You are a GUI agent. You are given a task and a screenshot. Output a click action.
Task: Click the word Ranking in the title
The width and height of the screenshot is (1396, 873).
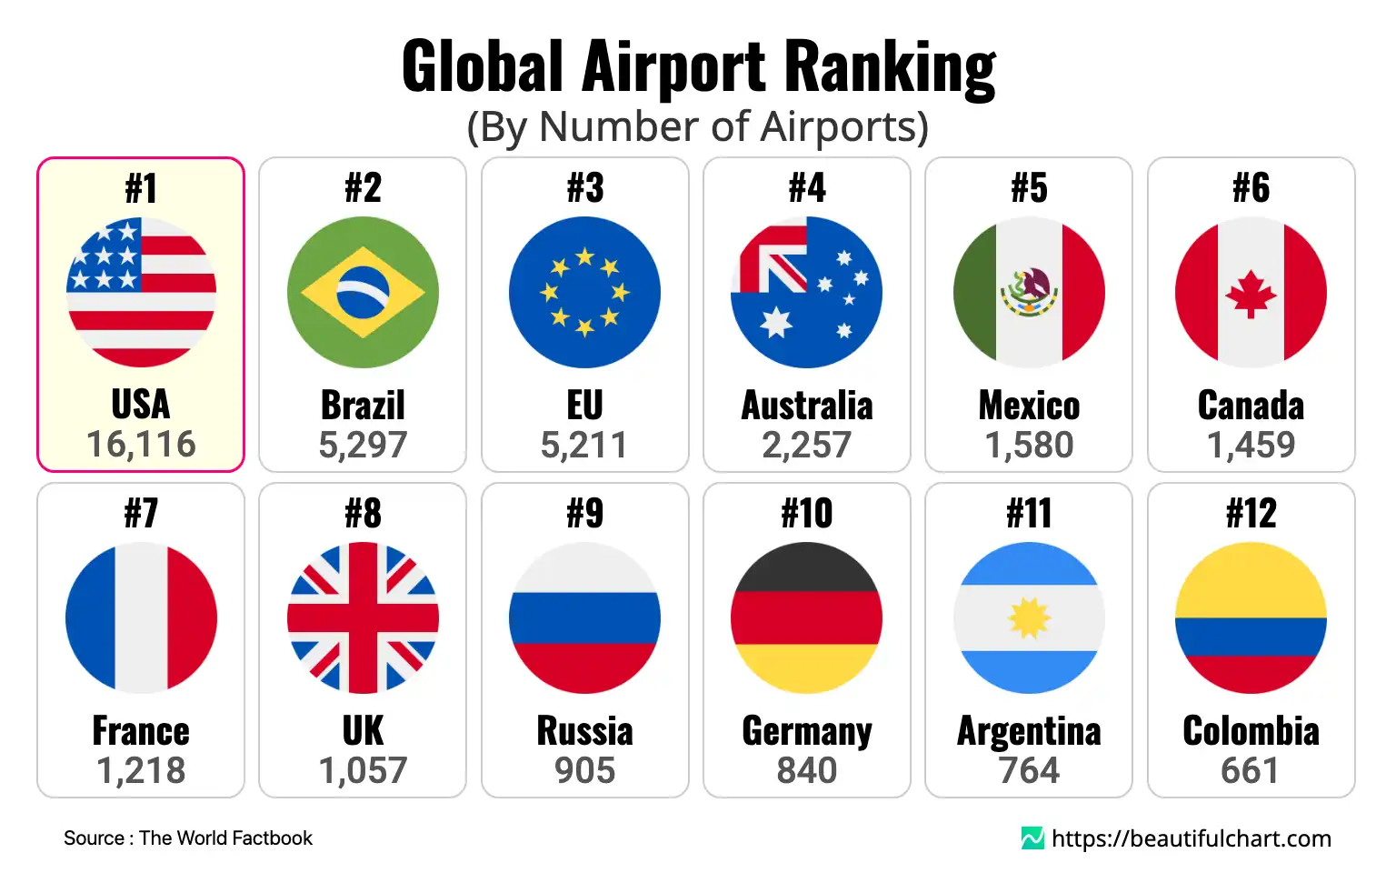[x=890, y=67]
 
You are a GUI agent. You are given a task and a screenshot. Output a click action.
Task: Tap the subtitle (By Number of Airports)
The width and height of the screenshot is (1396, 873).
[x=697, y=126]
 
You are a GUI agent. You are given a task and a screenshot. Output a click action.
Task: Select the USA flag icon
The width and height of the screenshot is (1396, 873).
[x=141, y=292]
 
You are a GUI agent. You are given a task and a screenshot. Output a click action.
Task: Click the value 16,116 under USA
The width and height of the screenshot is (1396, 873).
[x=141, y=445]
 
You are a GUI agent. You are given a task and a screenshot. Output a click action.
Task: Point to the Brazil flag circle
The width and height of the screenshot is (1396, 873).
[x=363, y=292]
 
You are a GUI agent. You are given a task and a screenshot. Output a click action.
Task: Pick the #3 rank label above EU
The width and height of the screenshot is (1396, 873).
[x=584, y=188]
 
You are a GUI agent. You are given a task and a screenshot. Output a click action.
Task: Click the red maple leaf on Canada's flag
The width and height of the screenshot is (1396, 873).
[x=1251, y=294]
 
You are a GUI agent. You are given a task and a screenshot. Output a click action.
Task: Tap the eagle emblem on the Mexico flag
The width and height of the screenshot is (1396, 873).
[x=1029, y=291]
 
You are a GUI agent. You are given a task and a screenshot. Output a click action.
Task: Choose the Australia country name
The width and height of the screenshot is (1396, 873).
[x=807, y=406]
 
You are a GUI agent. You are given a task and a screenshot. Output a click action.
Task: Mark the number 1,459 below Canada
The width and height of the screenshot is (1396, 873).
[x=1251, y=445]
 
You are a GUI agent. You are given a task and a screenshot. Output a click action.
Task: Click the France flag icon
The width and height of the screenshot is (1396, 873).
[x=141, y=617]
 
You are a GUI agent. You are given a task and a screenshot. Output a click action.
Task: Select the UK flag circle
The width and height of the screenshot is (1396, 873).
[x=363, y=617]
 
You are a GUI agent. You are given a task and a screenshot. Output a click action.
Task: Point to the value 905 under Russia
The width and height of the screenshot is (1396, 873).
[x=584, y=770]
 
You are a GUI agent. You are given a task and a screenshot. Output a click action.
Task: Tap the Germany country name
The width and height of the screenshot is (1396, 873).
[x=807, y=731]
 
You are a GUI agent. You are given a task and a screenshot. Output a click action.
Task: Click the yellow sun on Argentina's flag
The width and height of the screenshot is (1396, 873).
[x=1029, y=618]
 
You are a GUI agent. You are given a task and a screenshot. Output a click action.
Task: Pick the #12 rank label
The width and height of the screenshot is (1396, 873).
[x=1251, y=514]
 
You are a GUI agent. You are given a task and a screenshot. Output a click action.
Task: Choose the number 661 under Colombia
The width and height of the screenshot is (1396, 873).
[x=1251, y=770]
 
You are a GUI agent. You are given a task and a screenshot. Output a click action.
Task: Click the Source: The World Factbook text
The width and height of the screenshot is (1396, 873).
[x=188, y=838]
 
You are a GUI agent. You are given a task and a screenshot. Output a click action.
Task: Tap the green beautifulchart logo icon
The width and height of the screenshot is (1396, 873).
[x=1032, y=838]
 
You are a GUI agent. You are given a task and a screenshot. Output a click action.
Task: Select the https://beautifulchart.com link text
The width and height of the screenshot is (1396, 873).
[x=1191, y=838]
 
